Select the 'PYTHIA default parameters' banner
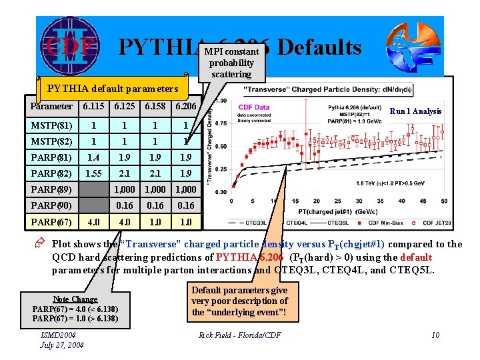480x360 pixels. coord(111,89)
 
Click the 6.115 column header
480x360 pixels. coord(94,107)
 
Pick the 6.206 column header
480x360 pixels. coord(185,107)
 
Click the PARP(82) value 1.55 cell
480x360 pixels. coord(94,173)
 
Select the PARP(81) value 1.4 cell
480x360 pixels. coord(94,157)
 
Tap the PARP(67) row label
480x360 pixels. coord(53,221)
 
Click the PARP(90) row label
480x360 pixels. coord(53,205)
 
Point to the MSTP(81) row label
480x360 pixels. coord(53,125)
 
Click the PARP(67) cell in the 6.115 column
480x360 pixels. coord(94,221)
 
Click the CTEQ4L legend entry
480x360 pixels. coord(297,222)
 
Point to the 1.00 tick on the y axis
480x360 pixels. coord(220,101)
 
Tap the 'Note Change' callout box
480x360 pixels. coord(75,309)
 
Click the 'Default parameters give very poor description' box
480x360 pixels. coord(239,301)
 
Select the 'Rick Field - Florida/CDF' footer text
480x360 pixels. coord(239,335)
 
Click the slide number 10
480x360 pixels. coord(435,335)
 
